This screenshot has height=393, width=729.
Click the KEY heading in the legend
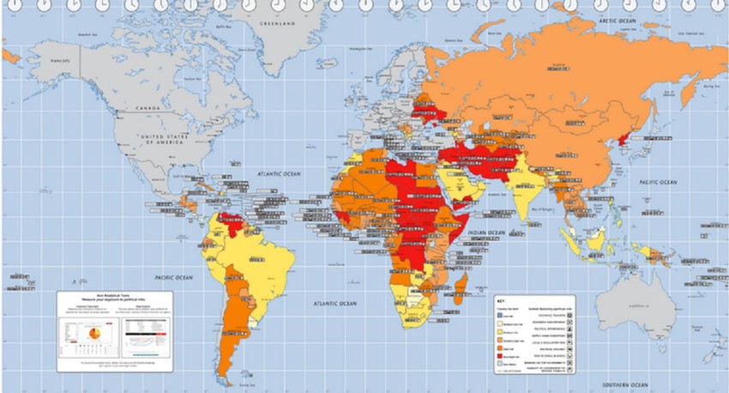click(501, 301)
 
